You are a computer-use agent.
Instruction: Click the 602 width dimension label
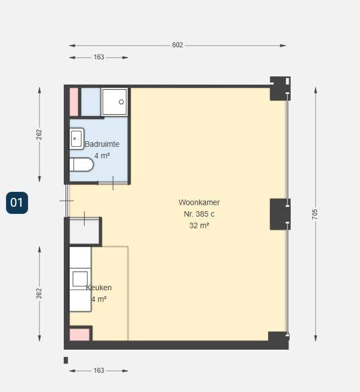pyautogui.click(x=178, y=45)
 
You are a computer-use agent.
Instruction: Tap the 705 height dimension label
pyautogui.click(x=315, y=214)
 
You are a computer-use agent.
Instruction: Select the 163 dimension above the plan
pyautogui.click(x=99, y=57)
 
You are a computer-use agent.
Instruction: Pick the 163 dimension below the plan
pyautogui.click(x=99, y=370)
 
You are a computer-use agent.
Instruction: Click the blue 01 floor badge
pyautogui.click(x=17, y=203)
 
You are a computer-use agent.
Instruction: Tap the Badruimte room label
pyautogui.click(x=102, y=144)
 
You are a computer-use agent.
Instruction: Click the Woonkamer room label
pyautogui.click(x=200, y=202)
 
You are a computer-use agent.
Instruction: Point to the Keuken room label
pyautogui.click(x=99, y=288)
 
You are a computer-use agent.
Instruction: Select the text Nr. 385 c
pyautogui.click(x=200, y=214)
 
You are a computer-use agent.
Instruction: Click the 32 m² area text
pyautogui.click(x=200, y=225)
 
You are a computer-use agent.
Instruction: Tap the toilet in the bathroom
pyautogui.click(x=81, y=164)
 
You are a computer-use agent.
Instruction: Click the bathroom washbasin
pyautogui.click(x=76, y=139)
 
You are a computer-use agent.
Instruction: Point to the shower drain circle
pyautogui.click(x=121, y=102)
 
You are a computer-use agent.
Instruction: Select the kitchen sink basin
pyautogui.click(x=80, y=279)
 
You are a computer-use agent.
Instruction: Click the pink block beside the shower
pyautogui.click(x=74, y=102)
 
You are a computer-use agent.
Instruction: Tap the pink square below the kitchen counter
pyautogui.click(x=80, y=335)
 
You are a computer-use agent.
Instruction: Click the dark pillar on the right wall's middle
pyautogui.click(x=280, y=214)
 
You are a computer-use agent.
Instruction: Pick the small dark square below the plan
pyautogui.click(x=66, y=360)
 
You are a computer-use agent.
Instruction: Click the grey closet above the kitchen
pyautogui.click(x=84, y=231)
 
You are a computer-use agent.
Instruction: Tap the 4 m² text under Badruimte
pyautogui.click(x=102, y=156)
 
